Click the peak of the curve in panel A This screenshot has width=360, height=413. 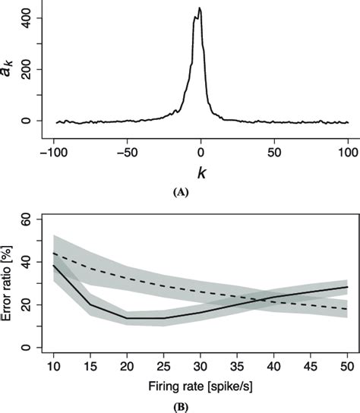pyautogui.click(x=199, y=8)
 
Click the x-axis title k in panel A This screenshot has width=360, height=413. pyautogui.click(x=201, y=174)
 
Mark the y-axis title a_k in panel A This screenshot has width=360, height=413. pyautogui.click(x=8, y=70)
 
